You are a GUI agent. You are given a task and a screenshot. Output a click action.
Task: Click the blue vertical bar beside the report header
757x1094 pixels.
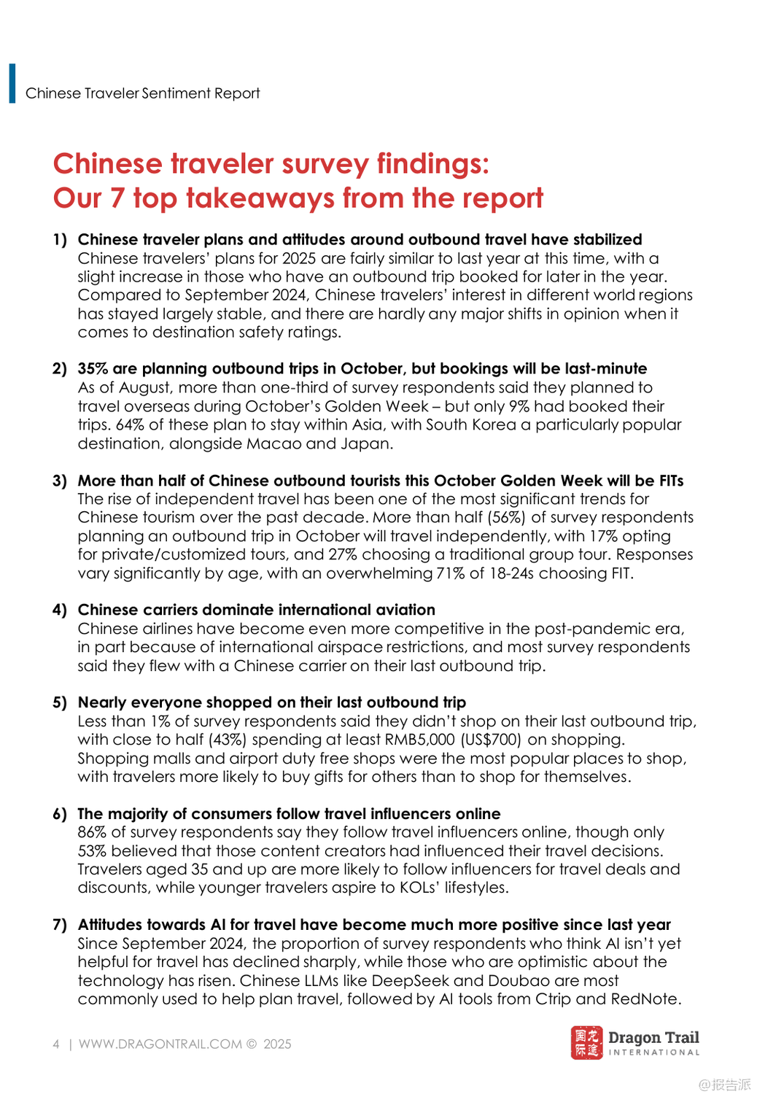click(12, 83)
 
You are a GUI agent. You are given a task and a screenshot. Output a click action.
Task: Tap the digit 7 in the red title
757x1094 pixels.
click(116, 198)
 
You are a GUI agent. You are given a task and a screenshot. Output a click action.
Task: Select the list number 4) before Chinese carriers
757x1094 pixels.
click(60, 610)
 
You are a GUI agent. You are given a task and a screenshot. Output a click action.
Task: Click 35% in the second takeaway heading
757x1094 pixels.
click(93, 368)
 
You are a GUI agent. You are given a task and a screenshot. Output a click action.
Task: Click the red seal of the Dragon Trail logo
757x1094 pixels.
click(586, 1043)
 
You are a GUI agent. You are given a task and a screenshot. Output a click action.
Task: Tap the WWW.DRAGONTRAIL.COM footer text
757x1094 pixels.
click(160, 1044)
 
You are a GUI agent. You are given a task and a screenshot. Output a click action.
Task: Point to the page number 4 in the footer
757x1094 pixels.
click(56, 1044)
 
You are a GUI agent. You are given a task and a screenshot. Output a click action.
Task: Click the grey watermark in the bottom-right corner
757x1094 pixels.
click(725, 1085)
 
